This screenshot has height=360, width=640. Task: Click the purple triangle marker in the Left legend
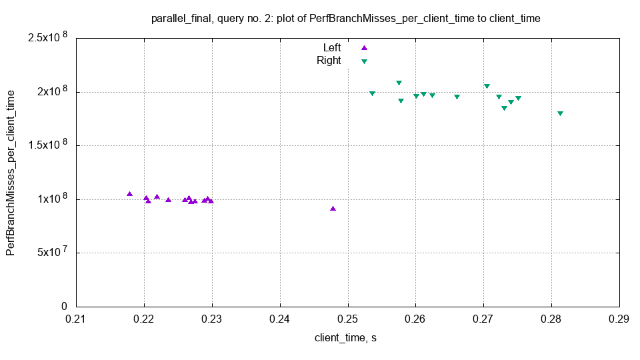click(364, 48)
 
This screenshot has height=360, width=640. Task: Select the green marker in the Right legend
click(364, 61)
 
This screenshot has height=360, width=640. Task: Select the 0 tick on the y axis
click(65, 307)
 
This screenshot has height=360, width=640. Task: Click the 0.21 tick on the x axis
click(76, 319)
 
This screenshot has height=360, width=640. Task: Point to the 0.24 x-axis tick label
click(280, 319)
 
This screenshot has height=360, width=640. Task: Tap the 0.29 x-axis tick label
click(619, 319)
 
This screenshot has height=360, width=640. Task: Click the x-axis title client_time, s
click(345, 338)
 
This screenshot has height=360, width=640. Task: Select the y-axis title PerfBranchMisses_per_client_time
click(11, 171)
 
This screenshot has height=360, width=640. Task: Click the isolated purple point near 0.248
click(333, 209)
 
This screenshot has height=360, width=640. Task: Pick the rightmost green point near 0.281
click(560, 113)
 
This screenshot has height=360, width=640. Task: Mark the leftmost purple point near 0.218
click(130, 194)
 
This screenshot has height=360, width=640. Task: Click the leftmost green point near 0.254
click(372, 93)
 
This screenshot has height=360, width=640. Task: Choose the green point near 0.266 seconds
click(457, 97)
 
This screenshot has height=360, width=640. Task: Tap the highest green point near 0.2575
click(399, 83)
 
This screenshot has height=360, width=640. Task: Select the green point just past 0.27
click(487, 86)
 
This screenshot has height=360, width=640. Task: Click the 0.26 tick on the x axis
click(415, 319)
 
